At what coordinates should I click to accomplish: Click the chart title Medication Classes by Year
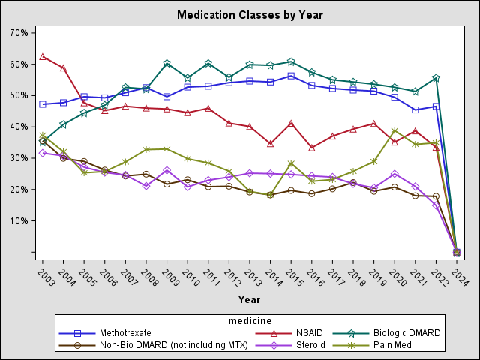pyautogui.click(x=240, y=14)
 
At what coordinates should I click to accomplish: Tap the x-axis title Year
pyautogui.click(x=249, y=299)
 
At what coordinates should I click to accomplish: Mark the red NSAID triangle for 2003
pyautogui.click(x=43, y=56)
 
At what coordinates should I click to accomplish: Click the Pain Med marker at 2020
pyautogui.click(x=394, y=130)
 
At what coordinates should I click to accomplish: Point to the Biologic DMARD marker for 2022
pyautogui.click(x=436, y=78)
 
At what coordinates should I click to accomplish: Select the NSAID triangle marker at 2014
pyautogui.click(x=270, y=143)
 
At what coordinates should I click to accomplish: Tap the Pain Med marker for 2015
pyautogui.click(x=291, y=163)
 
